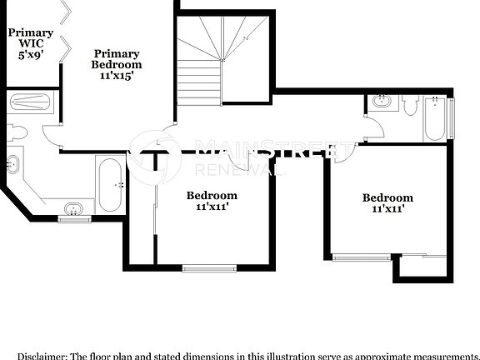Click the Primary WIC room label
tap(30, 38)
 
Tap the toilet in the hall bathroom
tap(410, 105)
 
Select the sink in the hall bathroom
tap(382, 103)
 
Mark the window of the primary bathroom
tap(75, 219)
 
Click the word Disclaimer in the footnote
tap(41, 354)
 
